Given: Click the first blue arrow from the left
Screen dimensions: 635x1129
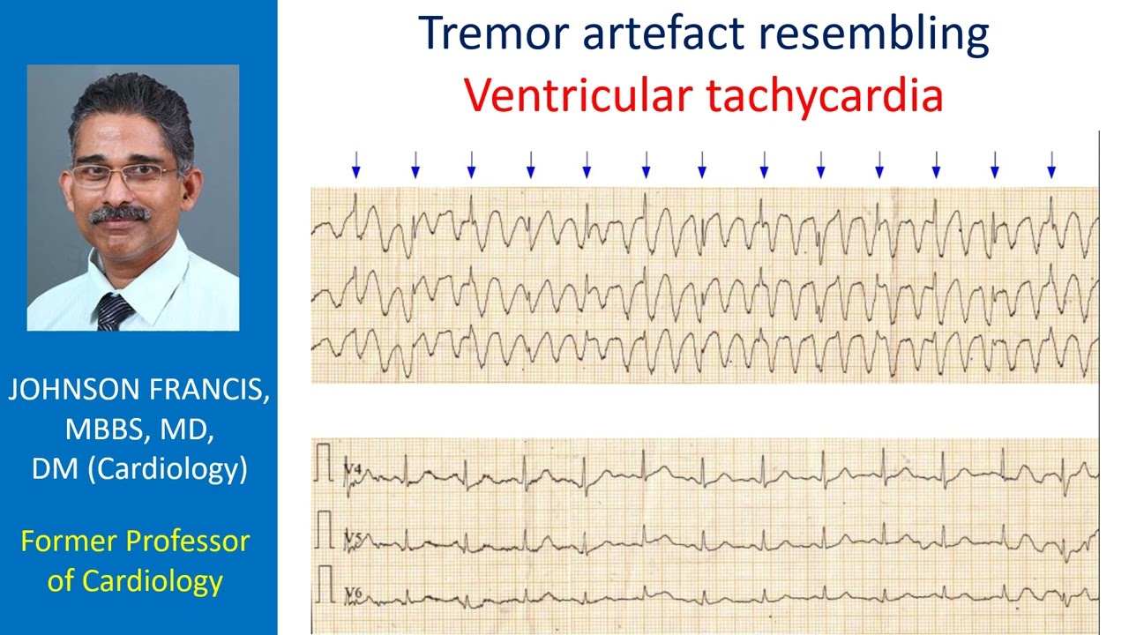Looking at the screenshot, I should point(356,164).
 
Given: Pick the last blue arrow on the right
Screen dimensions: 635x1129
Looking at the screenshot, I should point(1051,164).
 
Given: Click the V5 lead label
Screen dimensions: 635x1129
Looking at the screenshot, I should point(353,537).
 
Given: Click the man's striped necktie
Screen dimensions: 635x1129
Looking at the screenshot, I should point(114,311).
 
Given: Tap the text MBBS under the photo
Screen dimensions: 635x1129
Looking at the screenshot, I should point(98,430).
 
